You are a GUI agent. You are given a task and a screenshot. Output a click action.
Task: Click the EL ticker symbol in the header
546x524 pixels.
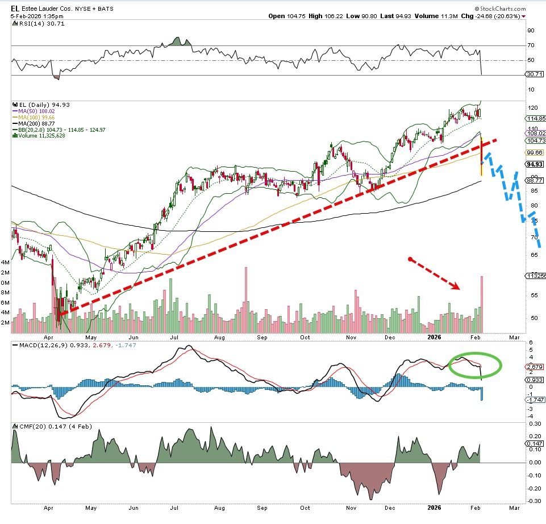[x=15, y=9]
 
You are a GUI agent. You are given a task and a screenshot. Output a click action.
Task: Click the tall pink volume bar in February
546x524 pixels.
[x=482, y=304]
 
